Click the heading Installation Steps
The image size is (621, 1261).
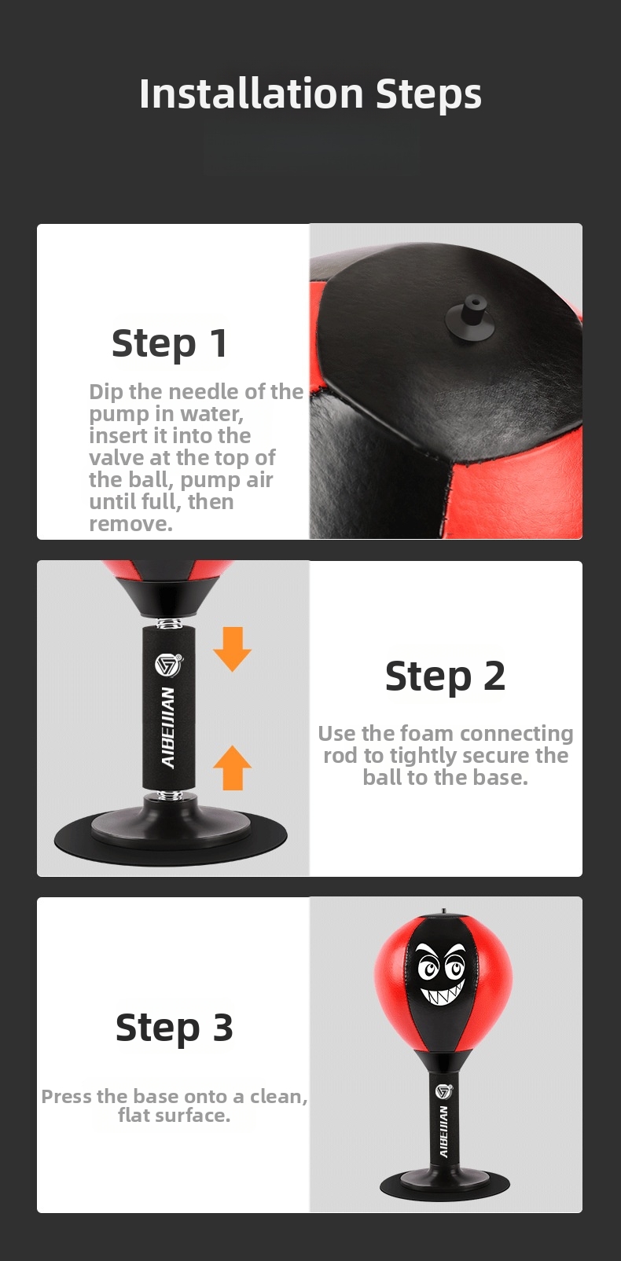310,93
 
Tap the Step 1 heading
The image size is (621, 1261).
170,343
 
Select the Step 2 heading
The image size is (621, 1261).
446,676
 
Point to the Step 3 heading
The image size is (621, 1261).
174,1028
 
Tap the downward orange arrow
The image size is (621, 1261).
232,649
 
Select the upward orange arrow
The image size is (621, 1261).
232,768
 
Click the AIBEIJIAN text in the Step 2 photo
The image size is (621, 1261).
168,728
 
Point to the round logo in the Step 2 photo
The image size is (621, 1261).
168,664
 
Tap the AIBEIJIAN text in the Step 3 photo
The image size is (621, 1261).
443,1131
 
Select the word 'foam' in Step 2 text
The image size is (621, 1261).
428,734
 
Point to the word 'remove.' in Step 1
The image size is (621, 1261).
130,524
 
